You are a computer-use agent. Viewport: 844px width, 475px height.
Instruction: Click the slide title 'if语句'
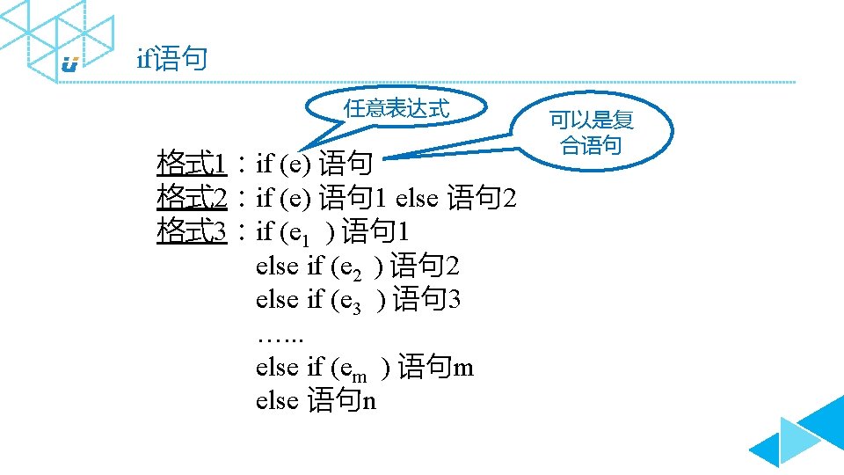pos(172,60)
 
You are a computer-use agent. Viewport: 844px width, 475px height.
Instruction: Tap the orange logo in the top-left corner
pos(70,63)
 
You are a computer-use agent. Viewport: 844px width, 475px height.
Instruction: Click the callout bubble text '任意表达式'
pos(397,109)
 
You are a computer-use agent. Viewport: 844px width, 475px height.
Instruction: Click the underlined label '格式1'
pos(193,163)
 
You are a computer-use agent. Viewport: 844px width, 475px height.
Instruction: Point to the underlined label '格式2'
pos(193,198)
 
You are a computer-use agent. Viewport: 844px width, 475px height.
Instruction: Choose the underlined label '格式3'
pos(193,231)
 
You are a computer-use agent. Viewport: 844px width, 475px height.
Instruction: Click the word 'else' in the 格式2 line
pos(417,198)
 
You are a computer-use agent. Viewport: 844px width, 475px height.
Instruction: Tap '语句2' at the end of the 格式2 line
pos(482,198)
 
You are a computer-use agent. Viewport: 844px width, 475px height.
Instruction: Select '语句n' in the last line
pos(343,400)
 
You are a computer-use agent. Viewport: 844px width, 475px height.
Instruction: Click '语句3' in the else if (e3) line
pos(427,299)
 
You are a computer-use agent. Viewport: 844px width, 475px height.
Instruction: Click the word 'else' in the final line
pos(277,400)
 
